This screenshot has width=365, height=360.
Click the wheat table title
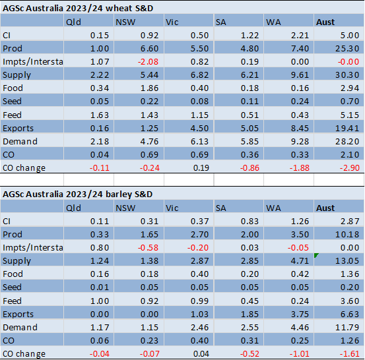[x=78, y=9]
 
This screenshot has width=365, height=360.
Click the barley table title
[x=77, y=195]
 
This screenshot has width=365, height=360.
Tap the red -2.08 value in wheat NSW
[x=148, y=61]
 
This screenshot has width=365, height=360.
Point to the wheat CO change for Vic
[x=201, y=167]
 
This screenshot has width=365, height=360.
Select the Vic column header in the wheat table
[x=172, y=22]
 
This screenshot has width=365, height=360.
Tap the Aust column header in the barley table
[x=325, y=208]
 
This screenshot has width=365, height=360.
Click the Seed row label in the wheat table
[x=12, y=101]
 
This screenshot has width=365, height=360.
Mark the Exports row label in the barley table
[x=18, y=315]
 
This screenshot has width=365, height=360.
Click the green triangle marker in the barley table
[x=315, y=255]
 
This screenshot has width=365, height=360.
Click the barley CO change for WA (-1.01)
[x=299, y=353]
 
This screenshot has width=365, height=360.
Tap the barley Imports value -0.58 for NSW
[x=148, y=248]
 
